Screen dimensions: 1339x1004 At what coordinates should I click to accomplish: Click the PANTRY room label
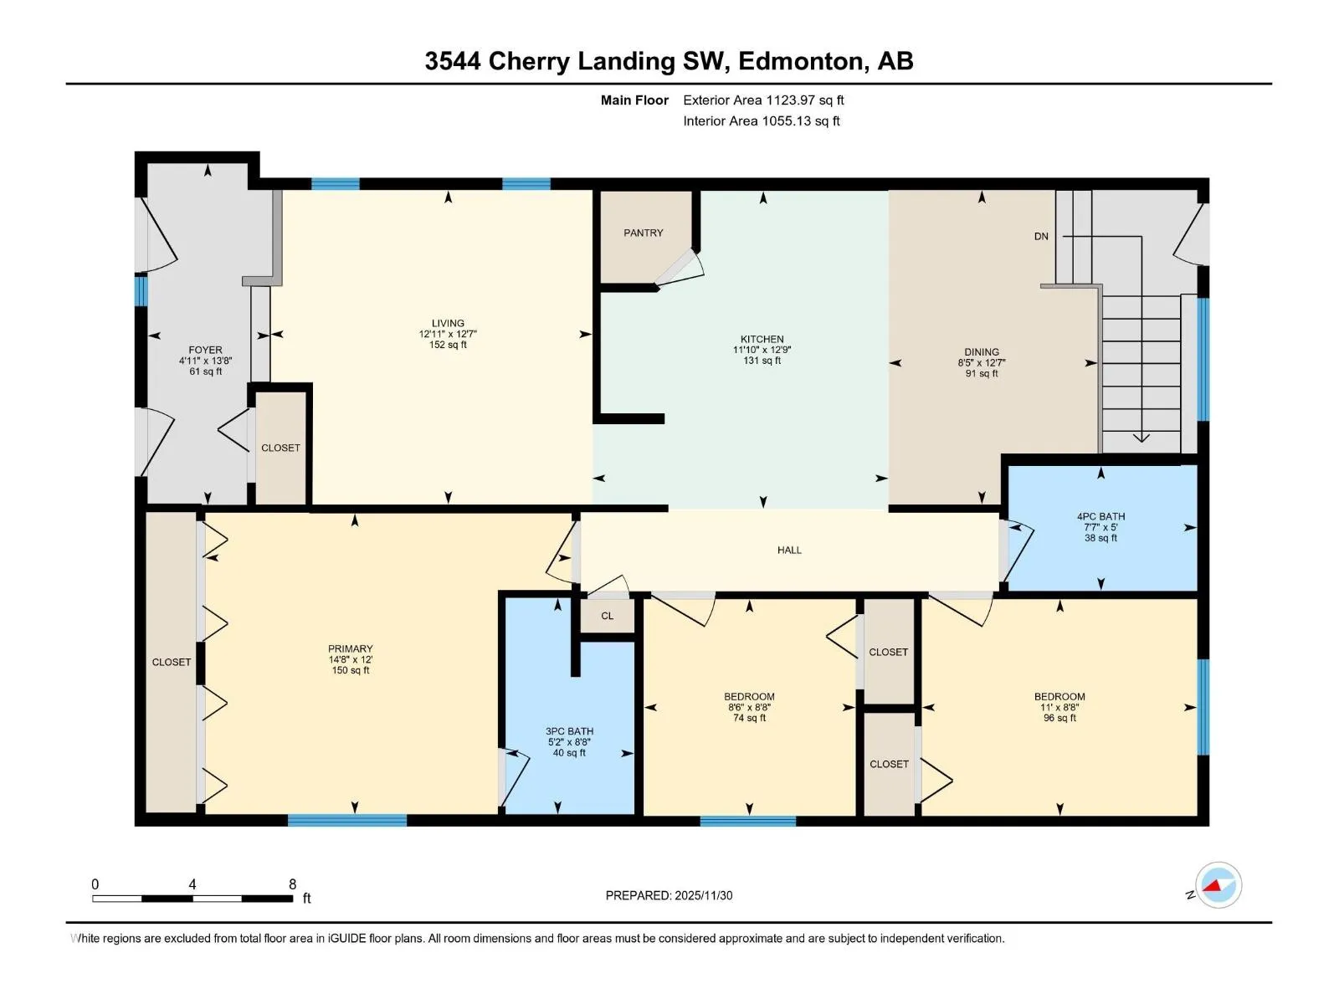pos(643,233)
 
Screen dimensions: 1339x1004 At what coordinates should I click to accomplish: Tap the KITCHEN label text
pos(762,339)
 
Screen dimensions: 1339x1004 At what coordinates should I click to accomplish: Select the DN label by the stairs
pos(1041,237)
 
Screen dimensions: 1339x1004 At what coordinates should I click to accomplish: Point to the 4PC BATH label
pos(1100,516)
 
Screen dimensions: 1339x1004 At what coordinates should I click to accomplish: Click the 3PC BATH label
pos(569,731)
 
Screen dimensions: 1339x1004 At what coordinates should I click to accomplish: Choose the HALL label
pos(789,550)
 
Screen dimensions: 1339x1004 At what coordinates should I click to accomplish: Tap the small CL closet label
pos(607,616)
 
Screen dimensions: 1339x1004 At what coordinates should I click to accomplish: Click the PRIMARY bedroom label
pos(350,648)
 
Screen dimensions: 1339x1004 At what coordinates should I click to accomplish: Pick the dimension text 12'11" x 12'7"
pos(448,334)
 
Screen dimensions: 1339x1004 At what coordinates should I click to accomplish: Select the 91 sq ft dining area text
pos(982,374)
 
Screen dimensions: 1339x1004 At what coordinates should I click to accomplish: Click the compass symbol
pos(1218,886)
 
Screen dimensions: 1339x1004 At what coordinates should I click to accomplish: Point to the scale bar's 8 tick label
pos(292,884)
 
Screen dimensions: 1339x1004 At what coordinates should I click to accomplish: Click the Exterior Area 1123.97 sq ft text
pos(763,100)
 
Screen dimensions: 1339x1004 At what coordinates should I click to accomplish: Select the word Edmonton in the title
pos(800,61)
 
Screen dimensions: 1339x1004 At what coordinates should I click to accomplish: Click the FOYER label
pos(205,350)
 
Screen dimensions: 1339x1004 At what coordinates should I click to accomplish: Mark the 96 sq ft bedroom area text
pos(1059,718)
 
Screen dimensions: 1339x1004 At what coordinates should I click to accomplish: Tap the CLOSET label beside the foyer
pos(280,448)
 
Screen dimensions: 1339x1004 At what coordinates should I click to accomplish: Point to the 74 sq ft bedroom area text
pos(749,718)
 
